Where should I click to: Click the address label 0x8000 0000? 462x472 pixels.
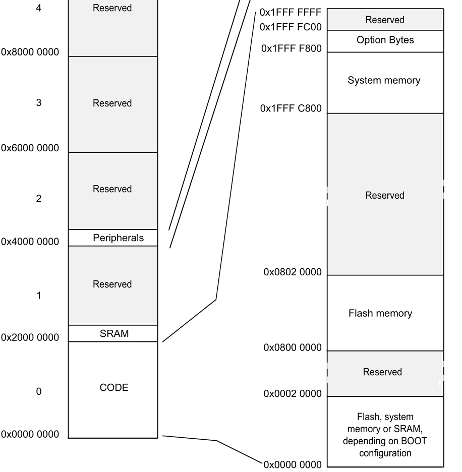30,52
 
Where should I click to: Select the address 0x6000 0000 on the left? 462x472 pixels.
30,148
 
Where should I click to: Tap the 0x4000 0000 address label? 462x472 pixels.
30,242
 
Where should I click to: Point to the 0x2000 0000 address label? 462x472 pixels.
30,337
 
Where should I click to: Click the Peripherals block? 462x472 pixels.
119,238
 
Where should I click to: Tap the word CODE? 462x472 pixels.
114,388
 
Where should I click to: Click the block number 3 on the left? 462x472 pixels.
38,103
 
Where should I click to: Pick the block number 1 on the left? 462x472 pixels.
38,296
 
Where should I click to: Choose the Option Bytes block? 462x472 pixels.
385,40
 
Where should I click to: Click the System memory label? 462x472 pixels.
384,81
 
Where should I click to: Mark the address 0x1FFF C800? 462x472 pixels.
291,109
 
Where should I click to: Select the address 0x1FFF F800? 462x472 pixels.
292,49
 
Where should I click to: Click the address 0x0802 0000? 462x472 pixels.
293,272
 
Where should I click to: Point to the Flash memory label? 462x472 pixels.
380,313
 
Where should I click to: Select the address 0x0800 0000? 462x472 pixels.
293,348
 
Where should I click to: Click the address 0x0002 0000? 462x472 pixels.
293,394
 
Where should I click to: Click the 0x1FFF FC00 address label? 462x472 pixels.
291,27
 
